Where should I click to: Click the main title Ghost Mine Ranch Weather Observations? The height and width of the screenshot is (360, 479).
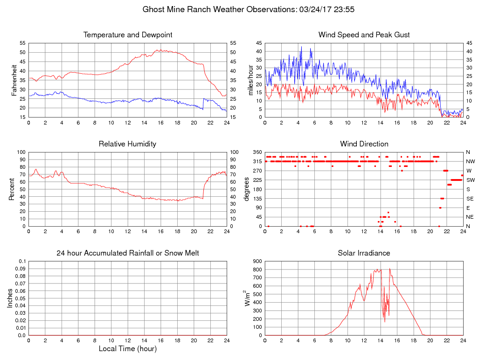click(239, 9)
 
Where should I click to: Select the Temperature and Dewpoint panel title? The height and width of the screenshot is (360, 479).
click(127, 35)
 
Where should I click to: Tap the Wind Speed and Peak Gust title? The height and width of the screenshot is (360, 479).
click(364, 35)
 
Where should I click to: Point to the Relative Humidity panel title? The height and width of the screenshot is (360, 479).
click(127, 144)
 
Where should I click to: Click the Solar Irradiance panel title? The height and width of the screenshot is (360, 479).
click(364, 253)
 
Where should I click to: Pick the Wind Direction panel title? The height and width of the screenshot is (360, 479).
click(364, 144)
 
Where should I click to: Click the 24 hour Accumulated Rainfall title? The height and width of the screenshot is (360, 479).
click(127, 253)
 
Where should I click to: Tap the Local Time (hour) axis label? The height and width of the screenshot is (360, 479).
click(127, 349)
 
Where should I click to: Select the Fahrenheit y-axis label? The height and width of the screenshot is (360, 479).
click(14, 80)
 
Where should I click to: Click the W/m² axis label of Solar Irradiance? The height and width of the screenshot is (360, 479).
click(247, 298)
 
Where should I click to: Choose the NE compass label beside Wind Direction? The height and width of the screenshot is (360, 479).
click(470, 217)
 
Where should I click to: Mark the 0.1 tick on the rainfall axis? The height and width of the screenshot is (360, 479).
click(21, 262)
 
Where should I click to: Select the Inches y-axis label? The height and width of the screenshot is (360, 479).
click(10, 298)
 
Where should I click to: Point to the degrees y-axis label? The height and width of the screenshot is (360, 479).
click(247, 189)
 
